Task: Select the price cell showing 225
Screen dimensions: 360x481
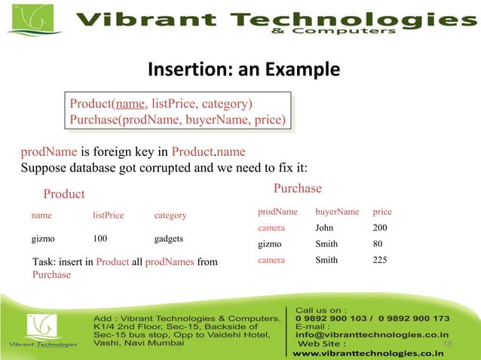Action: click(380, 261)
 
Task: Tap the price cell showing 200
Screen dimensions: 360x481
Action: click(380, 227)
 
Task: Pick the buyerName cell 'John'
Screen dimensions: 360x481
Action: click(324, 227)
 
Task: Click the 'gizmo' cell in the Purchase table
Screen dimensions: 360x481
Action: click(269, 244)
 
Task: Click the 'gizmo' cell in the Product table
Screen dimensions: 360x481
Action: click(42, 239)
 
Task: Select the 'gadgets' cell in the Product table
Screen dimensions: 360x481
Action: click(169, 239)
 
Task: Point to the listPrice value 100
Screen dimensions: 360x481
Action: click(100, 239)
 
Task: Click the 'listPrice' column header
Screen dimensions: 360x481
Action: click(108, 216)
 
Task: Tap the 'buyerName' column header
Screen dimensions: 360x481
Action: click(337, 212)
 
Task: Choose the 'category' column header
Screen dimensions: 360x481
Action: click(170, 216)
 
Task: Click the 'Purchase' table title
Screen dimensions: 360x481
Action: click(297, 188)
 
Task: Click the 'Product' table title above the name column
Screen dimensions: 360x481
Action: click(64, 194)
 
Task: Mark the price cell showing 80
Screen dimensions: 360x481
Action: click(378, 244)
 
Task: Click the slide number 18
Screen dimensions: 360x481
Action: click(448, 344)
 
